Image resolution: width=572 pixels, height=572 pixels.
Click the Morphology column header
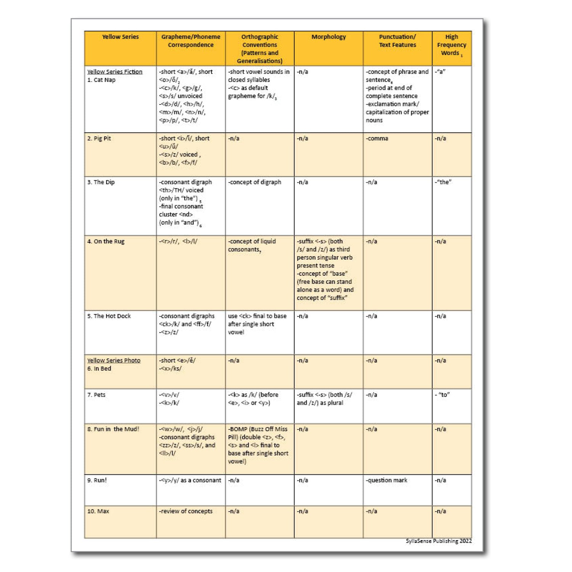[328, 37]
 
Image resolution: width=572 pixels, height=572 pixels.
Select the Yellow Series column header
[120, 37]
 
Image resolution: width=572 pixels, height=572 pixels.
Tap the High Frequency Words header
[451, 45]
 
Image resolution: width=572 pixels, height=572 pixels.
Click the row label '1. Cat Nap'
[101, 80]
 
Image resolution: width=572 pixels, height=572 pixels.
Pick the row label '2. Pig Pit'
[99, 138]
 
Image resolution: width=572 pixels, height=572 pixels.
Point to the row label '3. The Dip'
[101, 182]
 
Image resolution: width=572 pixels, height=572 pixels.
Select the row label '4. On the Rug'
[106, 241]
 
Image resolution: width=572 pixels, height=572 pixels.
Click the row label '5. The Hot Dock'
[109, 316]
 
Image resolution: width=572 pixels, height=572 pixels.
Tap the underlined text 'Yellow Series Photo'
[114, 360]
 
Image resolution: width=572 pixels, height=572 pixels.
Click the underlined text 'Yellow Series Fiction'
[114, 72]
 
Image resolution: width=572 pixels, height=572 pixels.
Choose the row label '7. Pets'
[96, 395]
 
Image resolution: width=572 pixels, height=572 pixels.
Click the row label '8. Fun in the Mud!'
[113, 429]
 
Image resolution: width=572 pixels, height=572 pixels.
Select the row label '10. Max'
[98, 511]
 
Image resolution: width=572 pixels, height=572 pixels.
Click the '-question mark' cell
[386, 480]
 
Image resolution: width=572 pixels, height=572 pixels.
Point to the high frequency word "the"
[443, 182]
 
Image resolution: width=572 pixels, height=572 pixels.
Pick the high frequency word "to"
[443, 395]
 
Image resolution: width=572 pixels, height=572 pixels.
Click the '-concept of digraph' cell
[254, 182]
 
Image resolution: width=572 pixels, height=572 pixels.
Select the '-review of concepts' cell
[186, 511]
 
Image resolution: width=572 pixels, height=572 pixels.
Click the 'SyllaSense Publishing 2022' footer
[439, 541]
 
